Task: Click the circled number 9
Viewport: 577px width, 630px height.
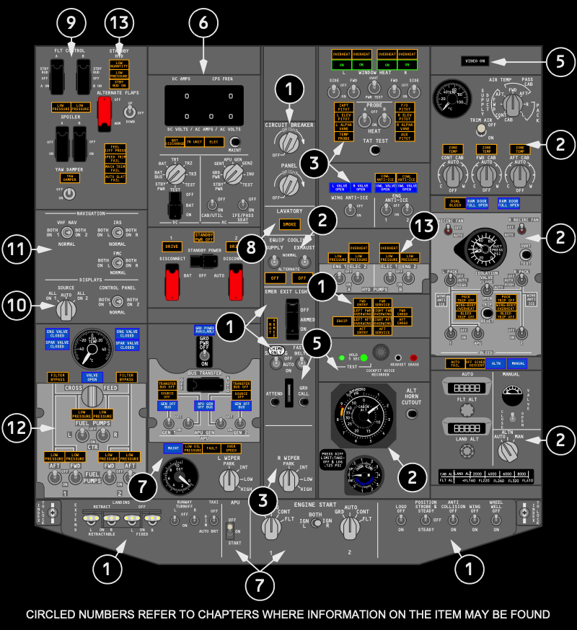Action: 69,23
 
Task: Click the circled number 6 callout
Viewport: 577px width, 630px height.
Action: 203,23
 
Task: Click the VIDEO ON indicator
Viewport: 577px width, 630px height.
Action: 476,62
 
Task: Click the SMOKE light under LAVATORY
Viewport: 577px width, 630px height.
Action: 289,225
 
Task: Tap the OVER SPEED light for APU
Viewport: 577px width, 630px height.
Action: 233,448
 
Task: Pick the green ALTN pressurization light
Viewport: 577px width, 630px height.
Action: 497,363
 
